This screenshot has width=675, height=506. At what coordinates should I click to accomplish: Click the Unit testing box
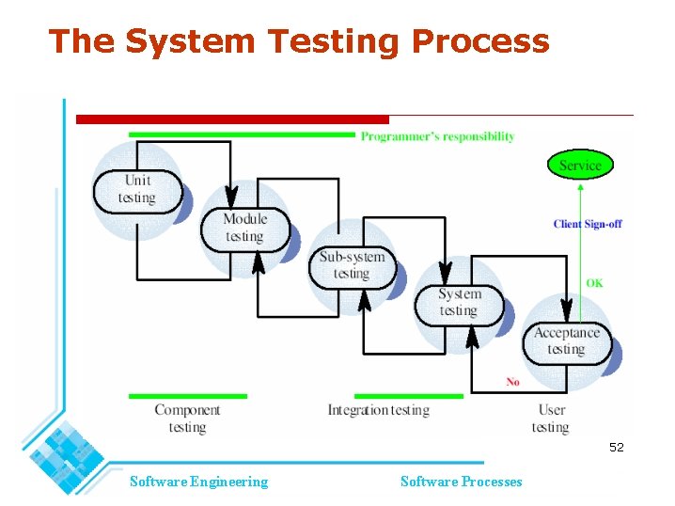click(x=136, y=190)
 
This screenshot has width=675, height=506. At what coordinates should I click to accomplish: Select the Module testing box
click(x=244, y=229)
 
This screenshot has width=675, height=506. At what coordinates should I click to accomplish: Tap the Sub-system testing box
click(x=352, y=265)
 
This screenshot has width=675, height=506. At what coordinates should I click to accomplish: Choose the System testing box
click(x=459, y=303)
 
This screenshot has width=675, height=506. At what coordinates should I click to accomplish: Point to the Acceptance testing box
click(x=566, y=340)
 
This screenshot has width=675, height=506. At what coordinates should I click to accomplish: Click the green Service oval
click(x=580, y=166)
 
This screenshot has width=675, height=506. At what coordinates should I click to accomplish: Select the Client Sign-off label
click(x=588, y=224)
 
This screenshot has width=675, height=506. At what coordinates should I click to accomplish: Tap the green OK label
click(x=594, y=283)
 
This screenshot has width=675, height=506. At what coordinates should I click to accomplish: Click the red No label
click(x=512, y=382)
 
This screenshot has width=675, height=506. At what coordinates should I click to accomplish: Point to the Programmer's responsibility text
click(x=437, y=136)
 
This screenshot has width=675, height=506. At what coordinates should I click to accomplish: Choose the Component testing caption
click(x=187, y=419)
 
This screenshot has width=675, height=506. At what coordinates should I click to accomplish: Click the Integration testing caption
click(x=378, y=410)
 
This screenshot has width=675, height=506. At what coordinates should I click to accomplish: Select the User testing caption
click(x=551, y=419)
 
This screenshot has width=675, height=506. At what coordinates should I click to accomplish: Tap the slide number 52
click(x=616, y=448)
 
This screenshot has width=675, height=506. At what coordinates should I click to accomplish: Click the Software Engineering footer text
click(x=198, y=482)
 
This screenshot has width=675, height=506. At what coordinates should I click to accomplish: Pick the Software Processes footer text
click(x=461, y=482)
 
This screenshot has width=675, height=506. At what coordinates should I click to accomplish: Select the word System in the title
click(x=189, y=41)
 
